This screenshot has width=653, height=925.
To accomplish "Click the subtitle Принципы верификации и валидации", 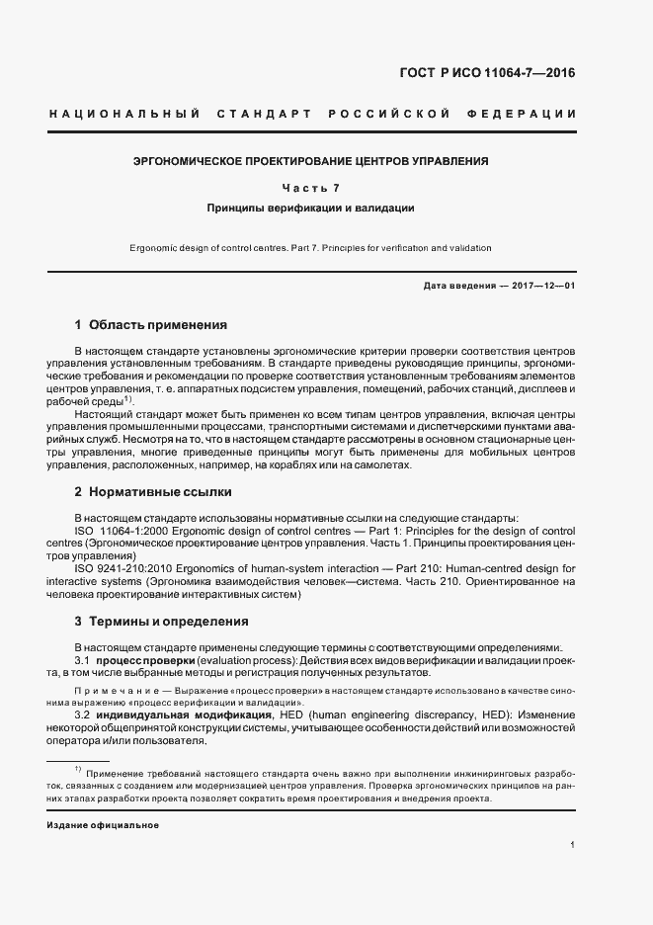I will point(310,209).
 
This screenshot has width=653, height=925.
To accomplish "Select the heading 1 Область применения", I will point(151,324).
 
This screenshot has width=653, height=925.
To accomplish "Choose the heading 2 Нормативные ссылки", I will point(153,491).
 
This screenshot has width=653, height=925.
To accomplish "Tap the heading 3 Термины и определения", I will point(162,622).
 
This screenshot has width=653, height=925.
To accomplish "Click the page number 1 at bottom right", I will point(574,844).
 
